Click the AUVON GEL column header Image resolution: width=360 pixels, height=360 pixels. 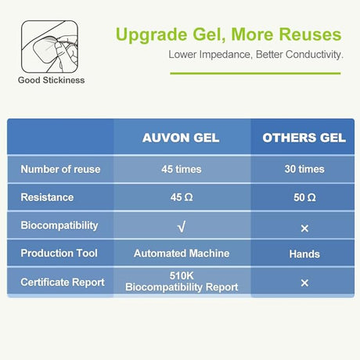(182, 138)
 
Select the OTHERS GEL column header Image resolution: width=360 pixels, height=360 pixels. (304, 138)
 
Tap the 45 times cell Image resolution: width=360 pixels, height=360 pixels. (182, 169)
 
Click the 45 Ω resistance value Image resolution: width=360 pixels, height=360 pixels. (182, 198)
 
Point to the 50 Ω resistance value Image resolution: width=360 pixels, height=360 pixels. (304, 198)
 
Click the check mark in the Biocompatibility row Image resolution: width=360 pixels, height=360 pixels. (182, 226)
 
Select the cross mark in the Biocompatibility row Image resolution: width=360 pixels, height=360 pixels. (304, 228)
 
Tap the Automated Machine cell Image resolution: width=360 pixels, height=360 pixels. (182, 254)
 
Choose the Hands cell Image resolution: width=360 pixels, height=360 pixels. (304, 254)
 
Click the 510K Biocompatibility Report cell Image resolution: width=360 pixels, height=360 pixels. (182, 282)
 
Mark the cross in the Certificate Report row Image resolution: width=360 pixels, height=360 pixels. (304, 283)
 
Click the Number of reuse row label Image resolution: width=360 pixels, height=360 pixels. (59, 169)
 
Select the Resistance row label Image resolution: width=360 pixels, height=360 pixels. (47, 198)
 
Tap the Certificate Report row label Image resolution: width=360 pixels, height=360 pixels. (62, 282)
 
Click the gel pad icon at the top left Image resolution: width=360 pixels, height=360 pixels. (49, 45)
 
